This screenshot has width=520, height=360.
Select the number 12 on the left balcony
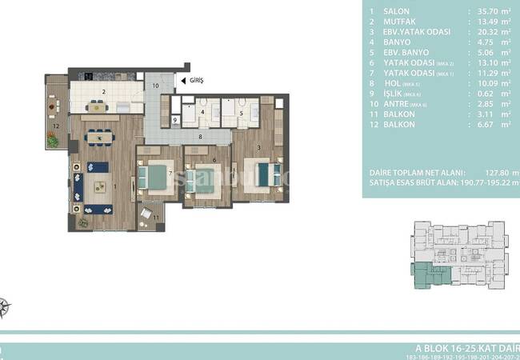point(56,126)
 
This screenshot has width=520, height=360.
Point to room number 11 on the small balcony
point(155,217)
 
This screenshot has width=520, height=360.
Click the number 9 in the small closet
point(175,120)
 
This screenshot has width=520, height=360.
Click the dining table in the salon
point(99,137)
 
